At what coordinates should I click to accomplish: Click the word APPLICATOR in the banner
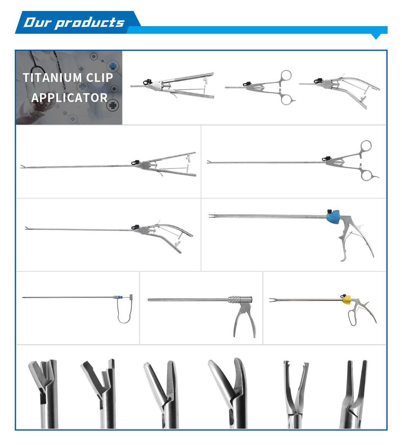pos(69,98)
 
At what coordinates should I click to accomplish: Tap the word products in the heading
pos(90,23)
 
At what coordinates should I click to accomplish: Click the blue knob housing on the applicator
pos(333,217)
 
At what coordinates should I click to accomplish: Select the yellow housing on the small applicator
pos(347,300)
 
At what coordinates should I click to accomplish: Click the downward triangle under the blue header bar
pos(376,36)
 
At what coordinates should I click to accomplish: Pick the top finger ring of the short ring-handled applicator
pos(286,76)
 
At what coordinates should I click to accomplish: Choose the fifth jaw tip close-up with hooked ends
pos(294,390)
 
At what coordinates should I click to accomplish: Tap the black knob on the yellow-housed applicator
pos(343,296)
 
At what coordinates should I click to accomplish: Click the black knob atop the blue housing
pos(330,210)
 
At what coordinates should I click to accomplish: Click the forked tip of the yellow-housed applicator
pos(272,301)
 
